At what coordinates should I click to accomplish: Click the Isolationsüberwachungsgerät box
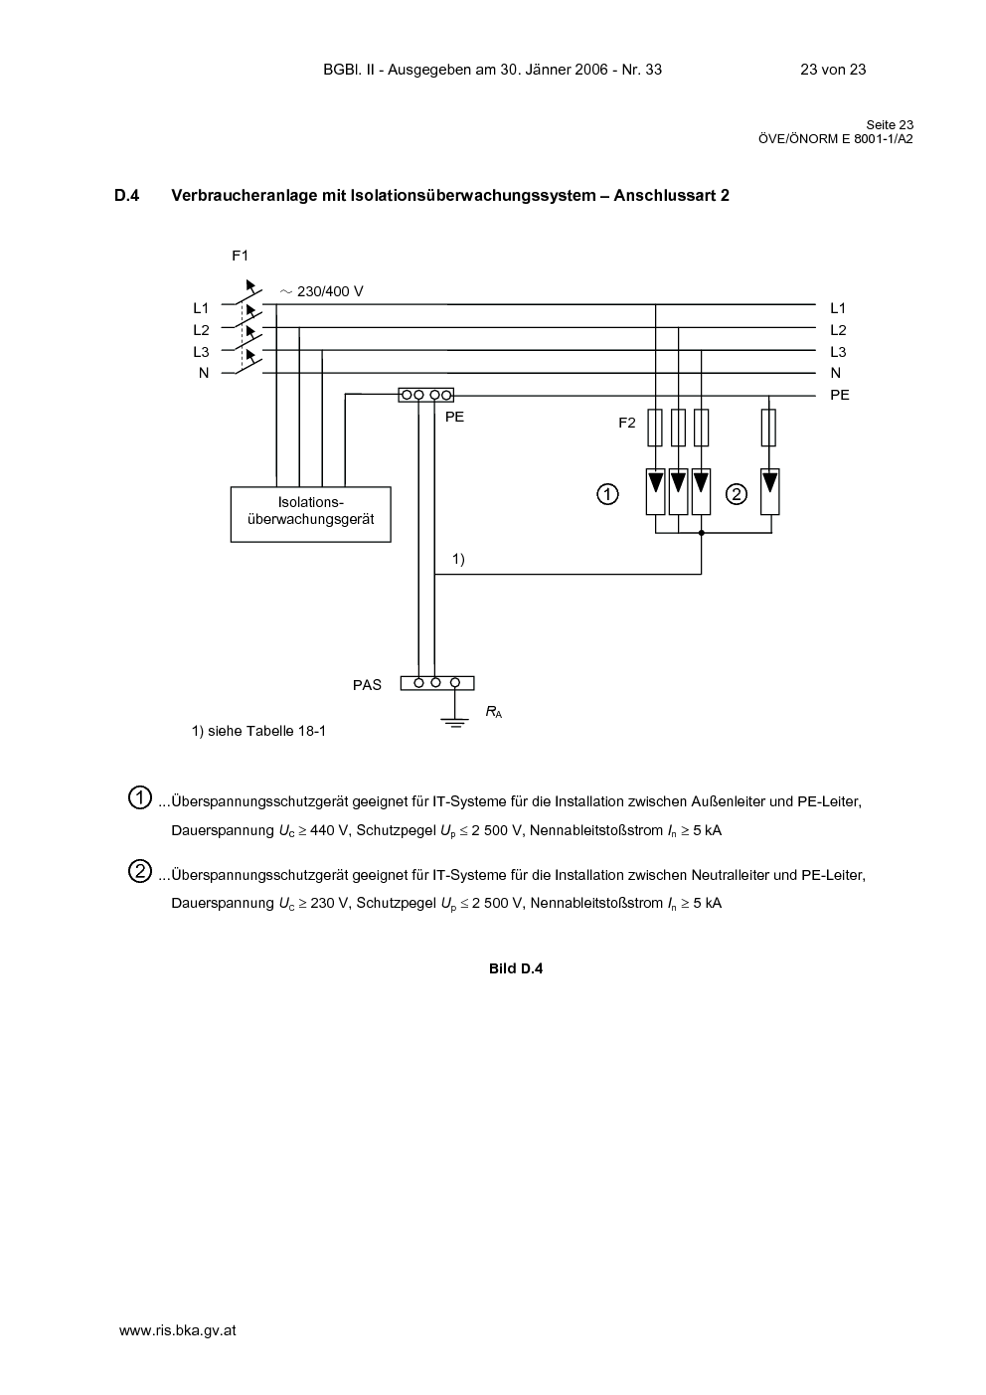311,514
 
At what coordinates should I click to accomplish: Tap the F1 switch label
240,256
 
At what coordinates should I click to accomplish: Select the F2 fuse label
627,423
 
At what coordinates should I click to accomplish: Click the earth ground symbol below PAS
455,723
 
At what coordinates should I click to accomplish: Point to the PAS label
367,685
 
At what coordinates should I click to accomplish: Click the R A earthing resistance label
494,712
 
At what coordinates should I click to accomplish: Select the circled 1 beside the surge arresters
607,494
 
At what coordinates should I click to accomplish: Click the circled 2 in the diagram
737,494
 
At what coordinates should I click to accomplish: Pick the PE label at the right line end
840,395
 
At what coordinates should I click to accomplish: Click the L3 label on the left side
201,352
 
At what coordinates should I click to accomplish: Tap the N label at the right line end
835,373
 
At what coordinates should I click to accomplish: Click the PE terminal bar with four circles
425,395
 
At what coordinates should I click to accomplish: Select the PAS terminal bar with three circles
437,683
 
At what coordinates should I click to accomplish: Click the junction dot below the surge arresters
702,533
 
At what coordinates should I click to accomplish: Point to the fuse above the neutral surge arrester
768,428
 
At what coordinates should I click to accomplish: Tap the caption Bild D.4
516,968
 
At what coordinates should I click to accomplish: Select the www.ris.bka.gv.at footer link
177,1330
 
